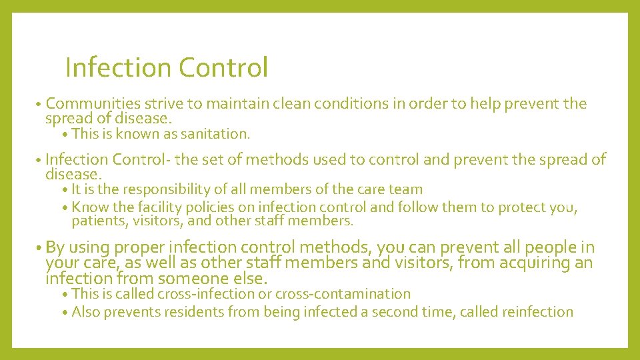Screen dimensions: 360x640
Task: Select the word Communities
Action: (93, 104)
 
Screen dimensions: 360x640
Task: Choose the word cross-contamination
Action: (343, 294)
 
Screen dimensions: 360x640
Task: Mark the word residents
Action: (197, 312)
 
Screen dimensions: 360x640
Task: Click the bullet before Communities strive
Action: (40, 105)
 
